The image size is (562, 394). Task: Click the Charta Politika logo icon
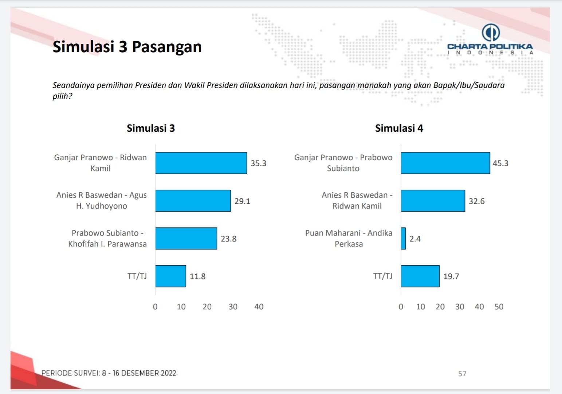click(490, 32)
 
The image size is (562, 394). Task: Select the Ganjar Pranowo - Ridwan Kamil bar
click(201, 163)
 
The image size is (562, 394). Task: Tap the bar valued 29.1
click(193, 201)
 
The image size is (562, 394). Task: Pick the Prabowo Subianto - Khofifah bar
click(186, 239)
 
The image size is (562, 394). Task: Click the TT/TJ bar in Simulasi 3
click(170, 276)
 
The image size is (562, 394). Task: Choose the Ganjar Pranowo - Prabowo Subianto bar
click(445, 163)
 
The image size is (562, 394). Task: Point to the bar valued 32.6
click(433, 201)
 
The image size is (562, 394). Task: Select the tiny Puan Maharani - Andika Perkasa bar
click(403, 239)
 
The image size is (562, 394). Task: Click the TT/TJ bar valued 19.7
click(420, 276)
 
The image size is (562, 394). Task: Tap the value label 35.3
click(258, 163)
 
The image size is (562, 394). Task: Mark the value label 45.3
click(500, 163)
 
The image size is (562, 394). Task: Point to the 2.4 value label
click(415, 239)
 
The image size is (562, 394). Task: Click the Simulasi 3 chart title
click(151, 128)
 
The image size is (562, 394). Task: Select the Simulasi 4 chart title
click(399, 128)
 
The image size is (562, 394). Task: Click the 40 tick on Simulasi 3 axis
click(259, 307)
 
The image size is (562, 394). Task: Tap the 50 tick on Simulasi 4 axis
click(499, 307)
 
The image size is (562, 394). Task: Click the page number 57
click(462, 374)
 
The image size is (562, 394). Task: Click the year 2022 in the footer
click(168, 373)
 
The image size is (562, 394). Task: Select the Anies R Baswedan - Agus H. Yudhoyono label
click(102, 201)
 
